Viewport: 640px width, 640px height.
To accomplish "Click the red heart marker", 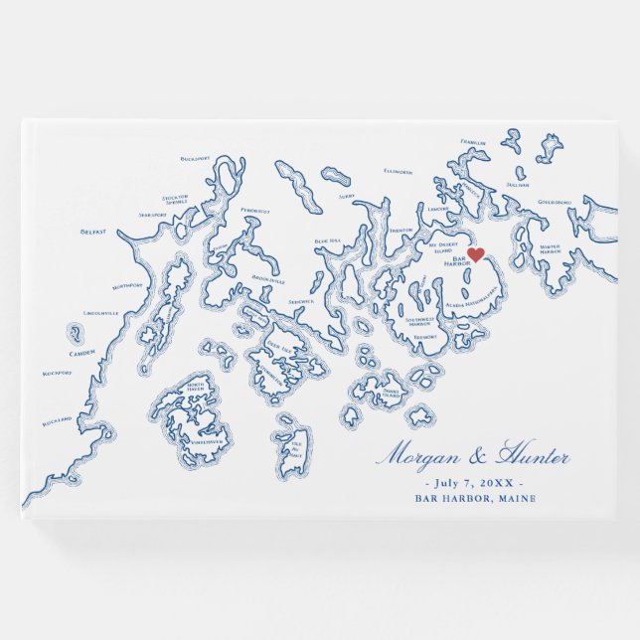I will [476, 255].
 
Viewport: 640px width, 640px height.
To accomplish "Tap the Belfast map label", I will [93, 232].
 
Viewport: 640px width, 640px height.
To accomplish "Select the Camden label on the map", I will [82, 353].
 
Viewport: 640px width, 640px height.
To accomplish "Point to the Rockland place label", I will [58, 421].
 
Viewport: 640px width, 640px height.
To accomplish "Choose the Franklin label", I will [473, 142].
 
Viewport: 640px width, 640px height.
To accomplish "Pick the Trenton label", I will [400, 230].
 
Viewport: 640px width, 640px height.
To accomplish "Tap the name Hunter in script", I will [535, 458].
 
